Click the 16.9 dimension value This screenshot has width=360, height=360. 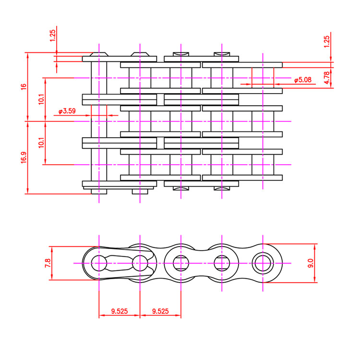coord(24,157)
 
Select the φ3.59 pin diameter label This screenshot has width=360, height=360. coord(67,111)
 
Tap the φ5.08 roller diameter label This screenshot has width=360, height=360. coord(303,80)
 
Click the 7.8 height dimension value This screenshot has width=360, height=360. coord(48,263)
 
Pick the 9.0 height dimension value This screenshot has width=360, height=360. coord(311,263)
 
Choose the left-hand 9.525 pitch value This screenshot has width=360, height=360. coord(120,311)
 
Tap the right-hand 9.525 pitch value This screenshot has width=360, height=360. coord(160,311)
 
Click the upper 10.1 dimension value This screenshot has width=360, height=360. coord(41,99)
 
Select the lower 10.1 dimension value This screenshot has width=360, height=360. coord(41,143)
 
